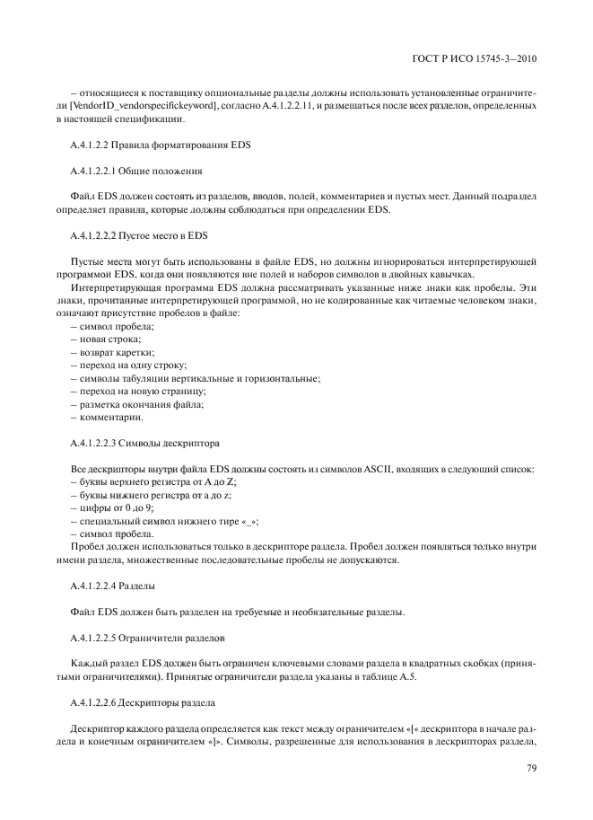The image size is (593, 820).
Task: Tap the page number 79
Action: pyautogui.click(x=530, y=767)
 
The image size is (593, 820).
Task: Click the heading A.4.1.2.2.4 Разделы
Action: pyautogui.click(x=112, y=586)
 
